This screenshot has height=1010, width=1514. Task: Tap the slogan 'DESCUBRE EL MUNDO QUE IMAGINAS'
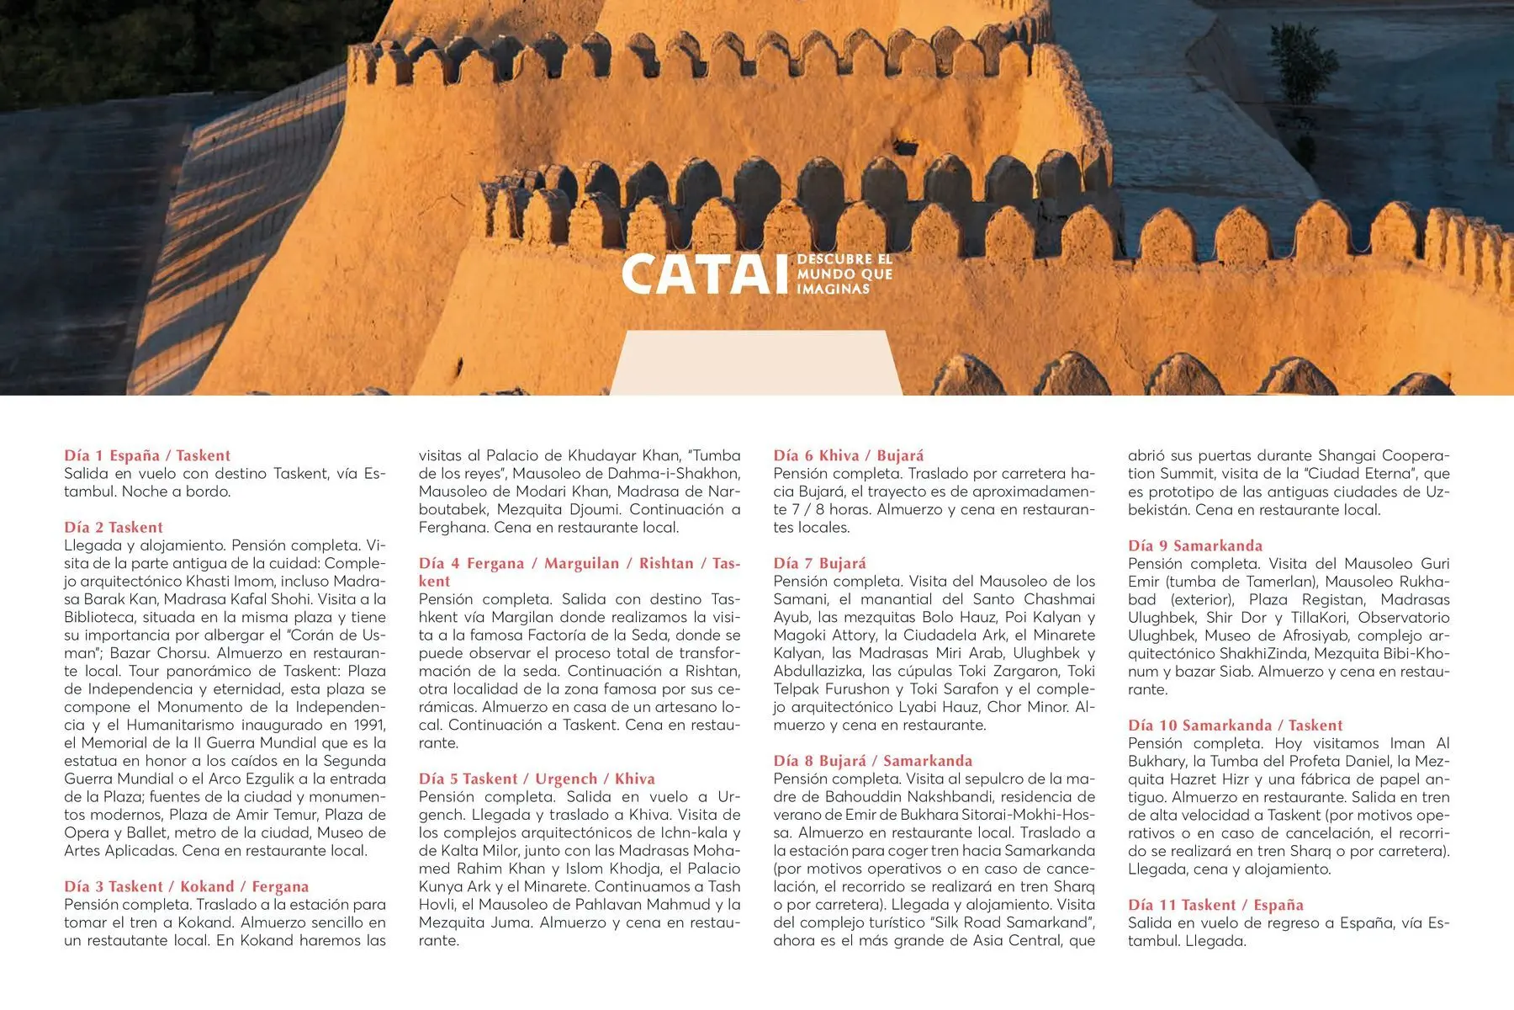pyautogui.click(x=844, y=274)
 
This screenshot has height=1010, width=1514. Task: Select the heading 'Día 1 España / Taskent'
pyautogui.click(x=147, y=455)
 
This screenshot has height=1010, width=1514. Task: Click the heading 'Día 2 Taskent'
pyautogui.click(x=114, y=527)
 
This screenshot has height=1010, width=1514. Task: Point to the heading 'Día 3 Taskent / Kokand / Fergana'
pyautogui.click(x=187, y=886)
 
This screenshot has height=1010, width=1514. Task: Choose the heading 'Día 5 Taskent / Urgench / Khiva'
pyautogui.click(x=537, y=779)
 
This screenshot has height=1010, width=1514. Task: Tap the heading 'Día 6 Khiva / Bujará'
pyautogui.click(x=849, y=455)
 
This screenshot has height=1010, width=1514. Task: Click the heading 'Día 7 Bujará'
pyautogui.click(x=819, y=563)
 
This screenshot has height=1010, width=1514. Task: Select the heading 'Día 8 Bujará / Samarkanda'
pyautogui.click(x=873, y=761)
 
